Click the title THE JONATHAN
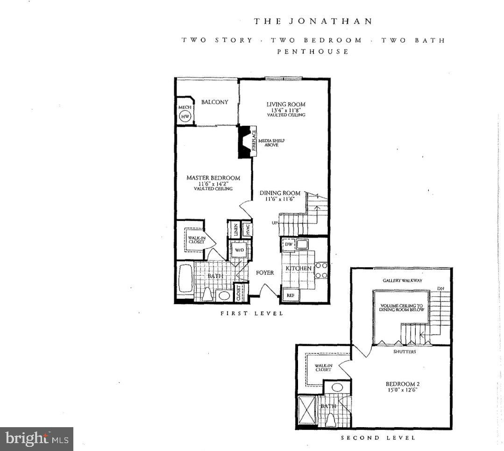(313, 21)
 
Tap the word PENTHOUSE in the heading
(313, 51)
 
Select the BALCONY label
(214, 102)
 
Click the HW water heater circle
(185, 116)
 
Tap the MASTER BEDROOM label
(213, 178)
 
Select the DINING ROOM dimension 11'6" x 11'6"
(280, 199)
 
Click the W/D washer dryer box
(239, 250)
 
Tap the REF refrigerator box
(290, 295)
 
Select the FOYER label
(265, 272)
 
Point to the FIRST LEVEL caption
(252, 313)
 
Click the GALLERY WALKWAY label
(402, 280)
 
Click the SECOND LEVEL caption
(378, 438)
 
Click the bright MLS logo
(36, 439)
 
